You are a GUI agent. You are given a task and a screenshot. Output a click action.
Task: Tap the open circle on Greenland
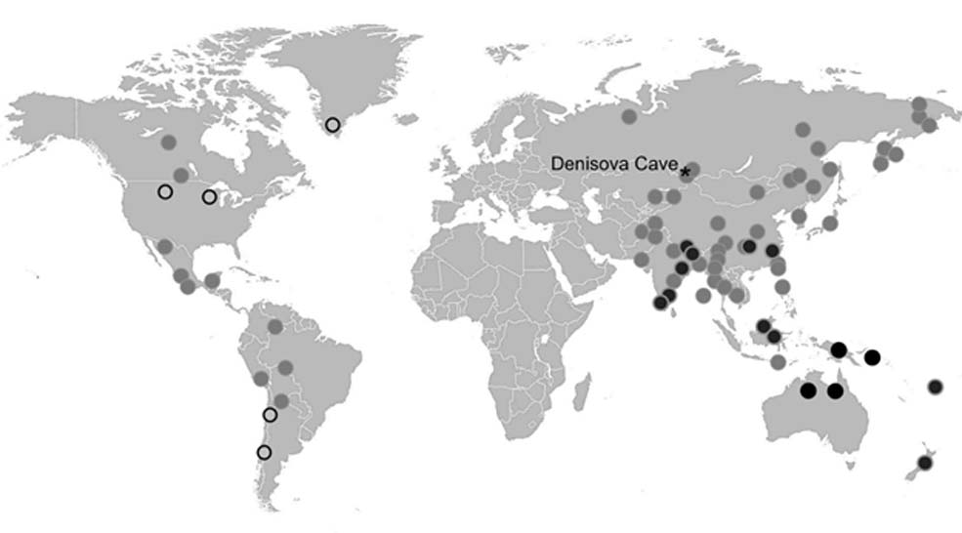coord(333,124)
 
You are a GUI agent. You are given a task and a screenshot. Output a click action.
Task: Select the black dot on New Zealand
coord(924,462)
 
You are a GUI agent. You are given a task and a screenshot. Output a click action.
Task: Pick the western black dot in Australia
coord(808,390)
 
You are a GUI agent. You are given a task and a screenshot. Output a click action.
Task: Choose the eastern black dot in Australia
coord(835,390)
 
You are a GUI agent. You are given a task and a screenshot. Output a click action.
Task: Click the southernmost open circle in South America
coord(263,452)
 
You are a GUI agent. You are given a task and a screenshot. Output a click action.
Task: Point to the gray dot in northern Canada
coord(168,142)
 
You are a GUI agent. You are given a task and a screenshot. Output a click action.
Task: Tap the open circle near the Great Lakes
coord(209,197)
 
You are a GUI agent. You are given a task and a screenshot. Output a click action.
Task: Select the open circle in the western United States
coord(165,191)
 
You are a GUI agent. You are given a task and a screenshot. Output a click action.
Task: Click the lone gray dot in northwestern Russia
coord(629,116)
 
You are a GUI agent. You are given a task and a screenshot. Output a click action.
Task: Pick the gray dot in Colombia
coord(275,325)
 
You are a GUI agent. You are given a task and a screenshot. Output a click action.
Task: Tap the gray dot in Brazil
coord(284,367)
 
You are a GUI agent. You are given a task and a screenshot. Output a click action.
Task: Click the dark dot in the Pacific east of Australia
coord(936,387)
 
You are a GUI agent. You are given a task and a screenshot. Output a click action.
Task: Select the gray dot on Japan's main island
coord(830,223)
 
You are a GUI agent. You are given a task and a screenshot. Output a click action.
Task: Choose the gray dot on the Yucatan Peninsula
coord(212,280)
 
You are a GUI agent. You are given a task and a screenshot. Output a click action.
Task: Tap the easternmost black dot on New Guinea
coord(872,356)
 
